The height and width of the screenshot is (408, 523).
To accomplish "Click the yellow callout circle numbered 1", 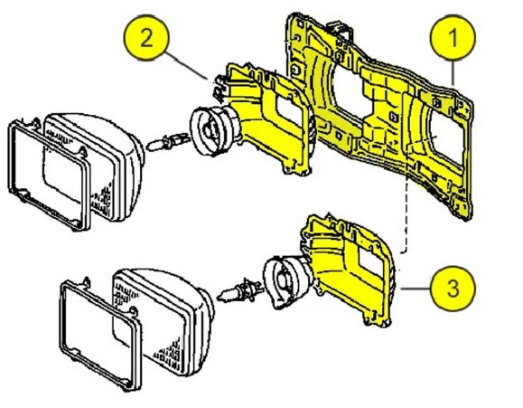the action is pyautogui.click(x=453, y=37).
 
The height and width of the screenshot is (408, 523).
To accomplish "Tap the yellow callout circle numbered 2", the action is pyautogui.click(x=146, y=37).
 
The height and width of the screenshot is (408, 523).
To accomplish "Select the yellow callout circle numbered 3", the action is pyautogui.click(x=453, y=289).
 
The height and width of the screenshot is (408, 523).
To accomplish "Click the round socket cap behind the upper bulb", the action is pyautogui.click(x=213, y=130).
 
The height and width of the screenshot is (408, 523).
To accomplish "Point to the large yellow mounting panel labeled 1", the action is pyautogui.click(x=377, y=110).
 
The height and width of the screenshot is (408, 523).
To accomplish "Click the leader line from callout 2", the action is pyautogui.click(x=187, y=66).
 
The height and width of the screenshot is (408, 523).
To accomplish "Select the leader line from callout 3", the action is pyautogui.click(x=416, y=289).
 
